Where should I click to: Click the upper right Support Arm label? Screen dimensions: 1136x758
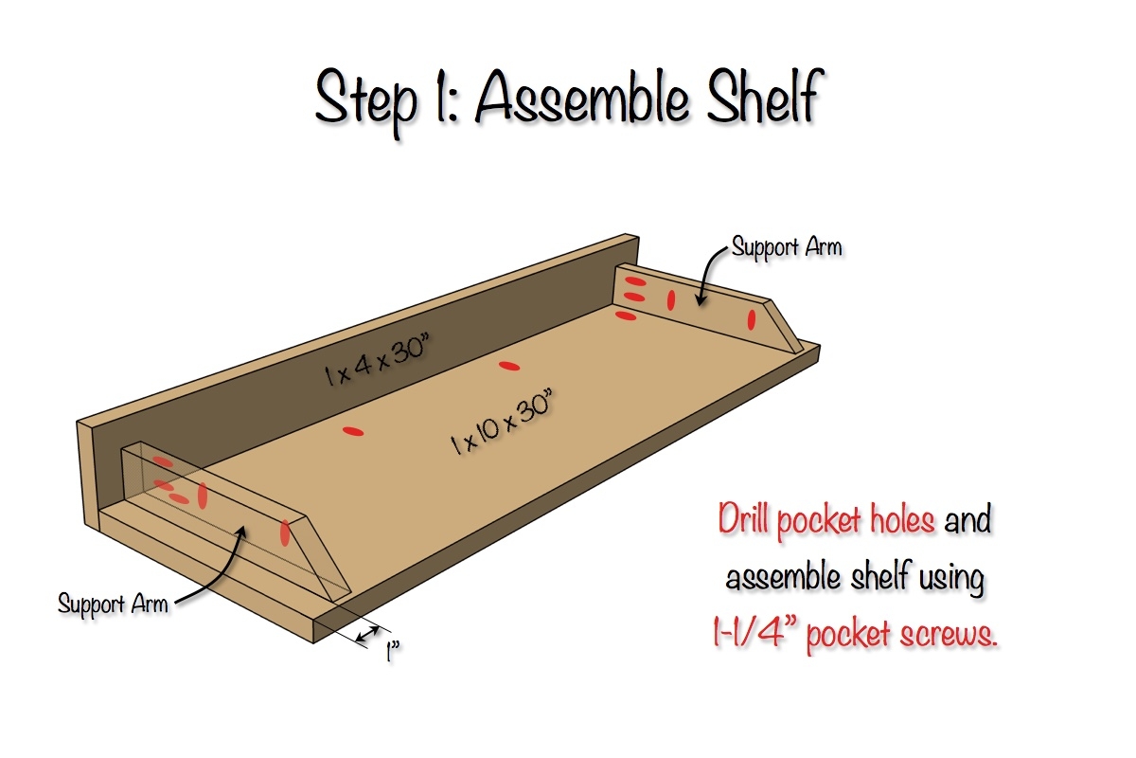tap(787, 247)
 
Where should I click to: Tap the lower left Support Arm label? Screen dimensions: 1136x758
tap(113, 605)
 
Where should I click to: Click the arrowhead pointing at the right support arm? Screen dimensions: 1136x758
tap(701, 300)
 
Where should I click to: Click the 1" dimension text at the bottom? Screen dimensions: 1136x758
tap(393, 651)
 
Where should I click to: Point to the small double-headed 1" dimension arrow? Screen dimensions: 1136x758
tap(367, 634)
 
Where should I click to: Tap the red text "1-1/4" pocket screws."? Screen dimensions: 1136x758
tap(855, 634)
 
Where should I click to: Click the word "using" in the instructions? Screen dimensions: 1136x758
tap(952, 578)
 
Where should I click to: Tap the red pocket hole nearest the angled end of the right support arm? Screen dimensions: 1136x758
tap(752, 319)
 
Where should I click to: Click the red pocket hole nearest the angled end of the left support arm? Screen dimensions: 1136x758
tap(285, 532)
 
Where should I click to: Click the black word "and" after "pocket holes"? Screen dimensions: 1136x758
tap(967, 519)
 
